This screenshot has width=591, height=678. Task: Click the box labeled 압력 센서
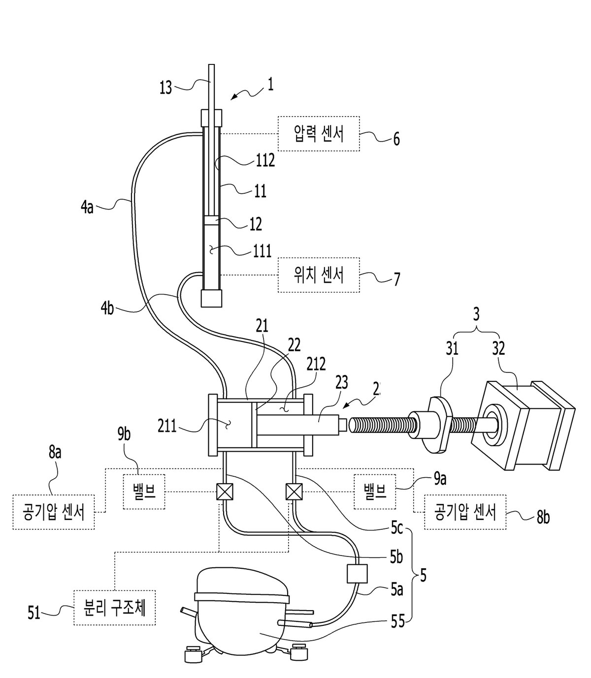(x=318, y=133)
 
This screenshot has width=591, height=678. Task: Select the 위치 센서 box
(x=318, y=275)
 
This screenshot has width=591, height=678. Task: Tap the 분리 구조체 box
(x=114, y=608)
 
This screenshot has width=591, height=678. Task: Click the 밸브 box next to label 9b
(x=144, y=492)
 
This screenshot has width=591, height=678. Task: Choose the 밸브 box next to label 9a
(x=375, y=492)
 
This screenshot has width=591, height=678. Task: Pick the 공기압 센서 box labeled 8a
(x=54, y=512)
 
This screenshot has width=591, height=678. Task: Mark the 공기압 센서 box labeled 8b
(x=465, y=512)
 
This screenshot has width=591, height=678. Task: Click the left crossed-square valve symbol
(x=225, y=492)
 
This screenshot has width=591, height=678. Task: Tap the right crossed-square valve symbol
(x=294, y=492)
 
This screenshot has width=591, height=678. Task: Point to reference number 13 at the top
(x=166, y=88)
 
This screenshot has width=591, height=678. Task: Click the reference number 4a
(x=87, y=208)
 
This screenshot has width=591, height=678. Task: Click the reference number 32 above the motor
(x=498, y=349)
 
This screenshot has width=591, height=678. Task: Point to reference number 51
(x=34, y=613)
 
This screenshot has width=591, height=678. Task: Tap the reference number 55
(x=398, y=622)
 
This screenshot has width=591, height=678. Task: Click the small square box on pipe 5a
(x=357, y=574)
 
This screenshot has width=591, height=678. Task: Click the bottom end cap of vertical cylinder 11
(x=212, y=298)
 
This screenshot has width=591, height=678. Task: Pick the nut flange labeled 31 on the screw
(x=437, y=424)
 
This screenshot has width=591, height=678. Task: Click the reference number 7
(x=396, y=279)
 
